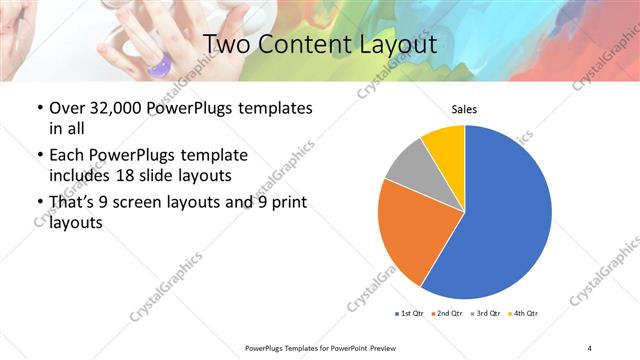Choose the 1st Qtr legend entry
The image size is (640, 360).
point(411,314)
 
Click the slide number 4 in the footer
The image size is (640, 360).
point(590,347)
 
